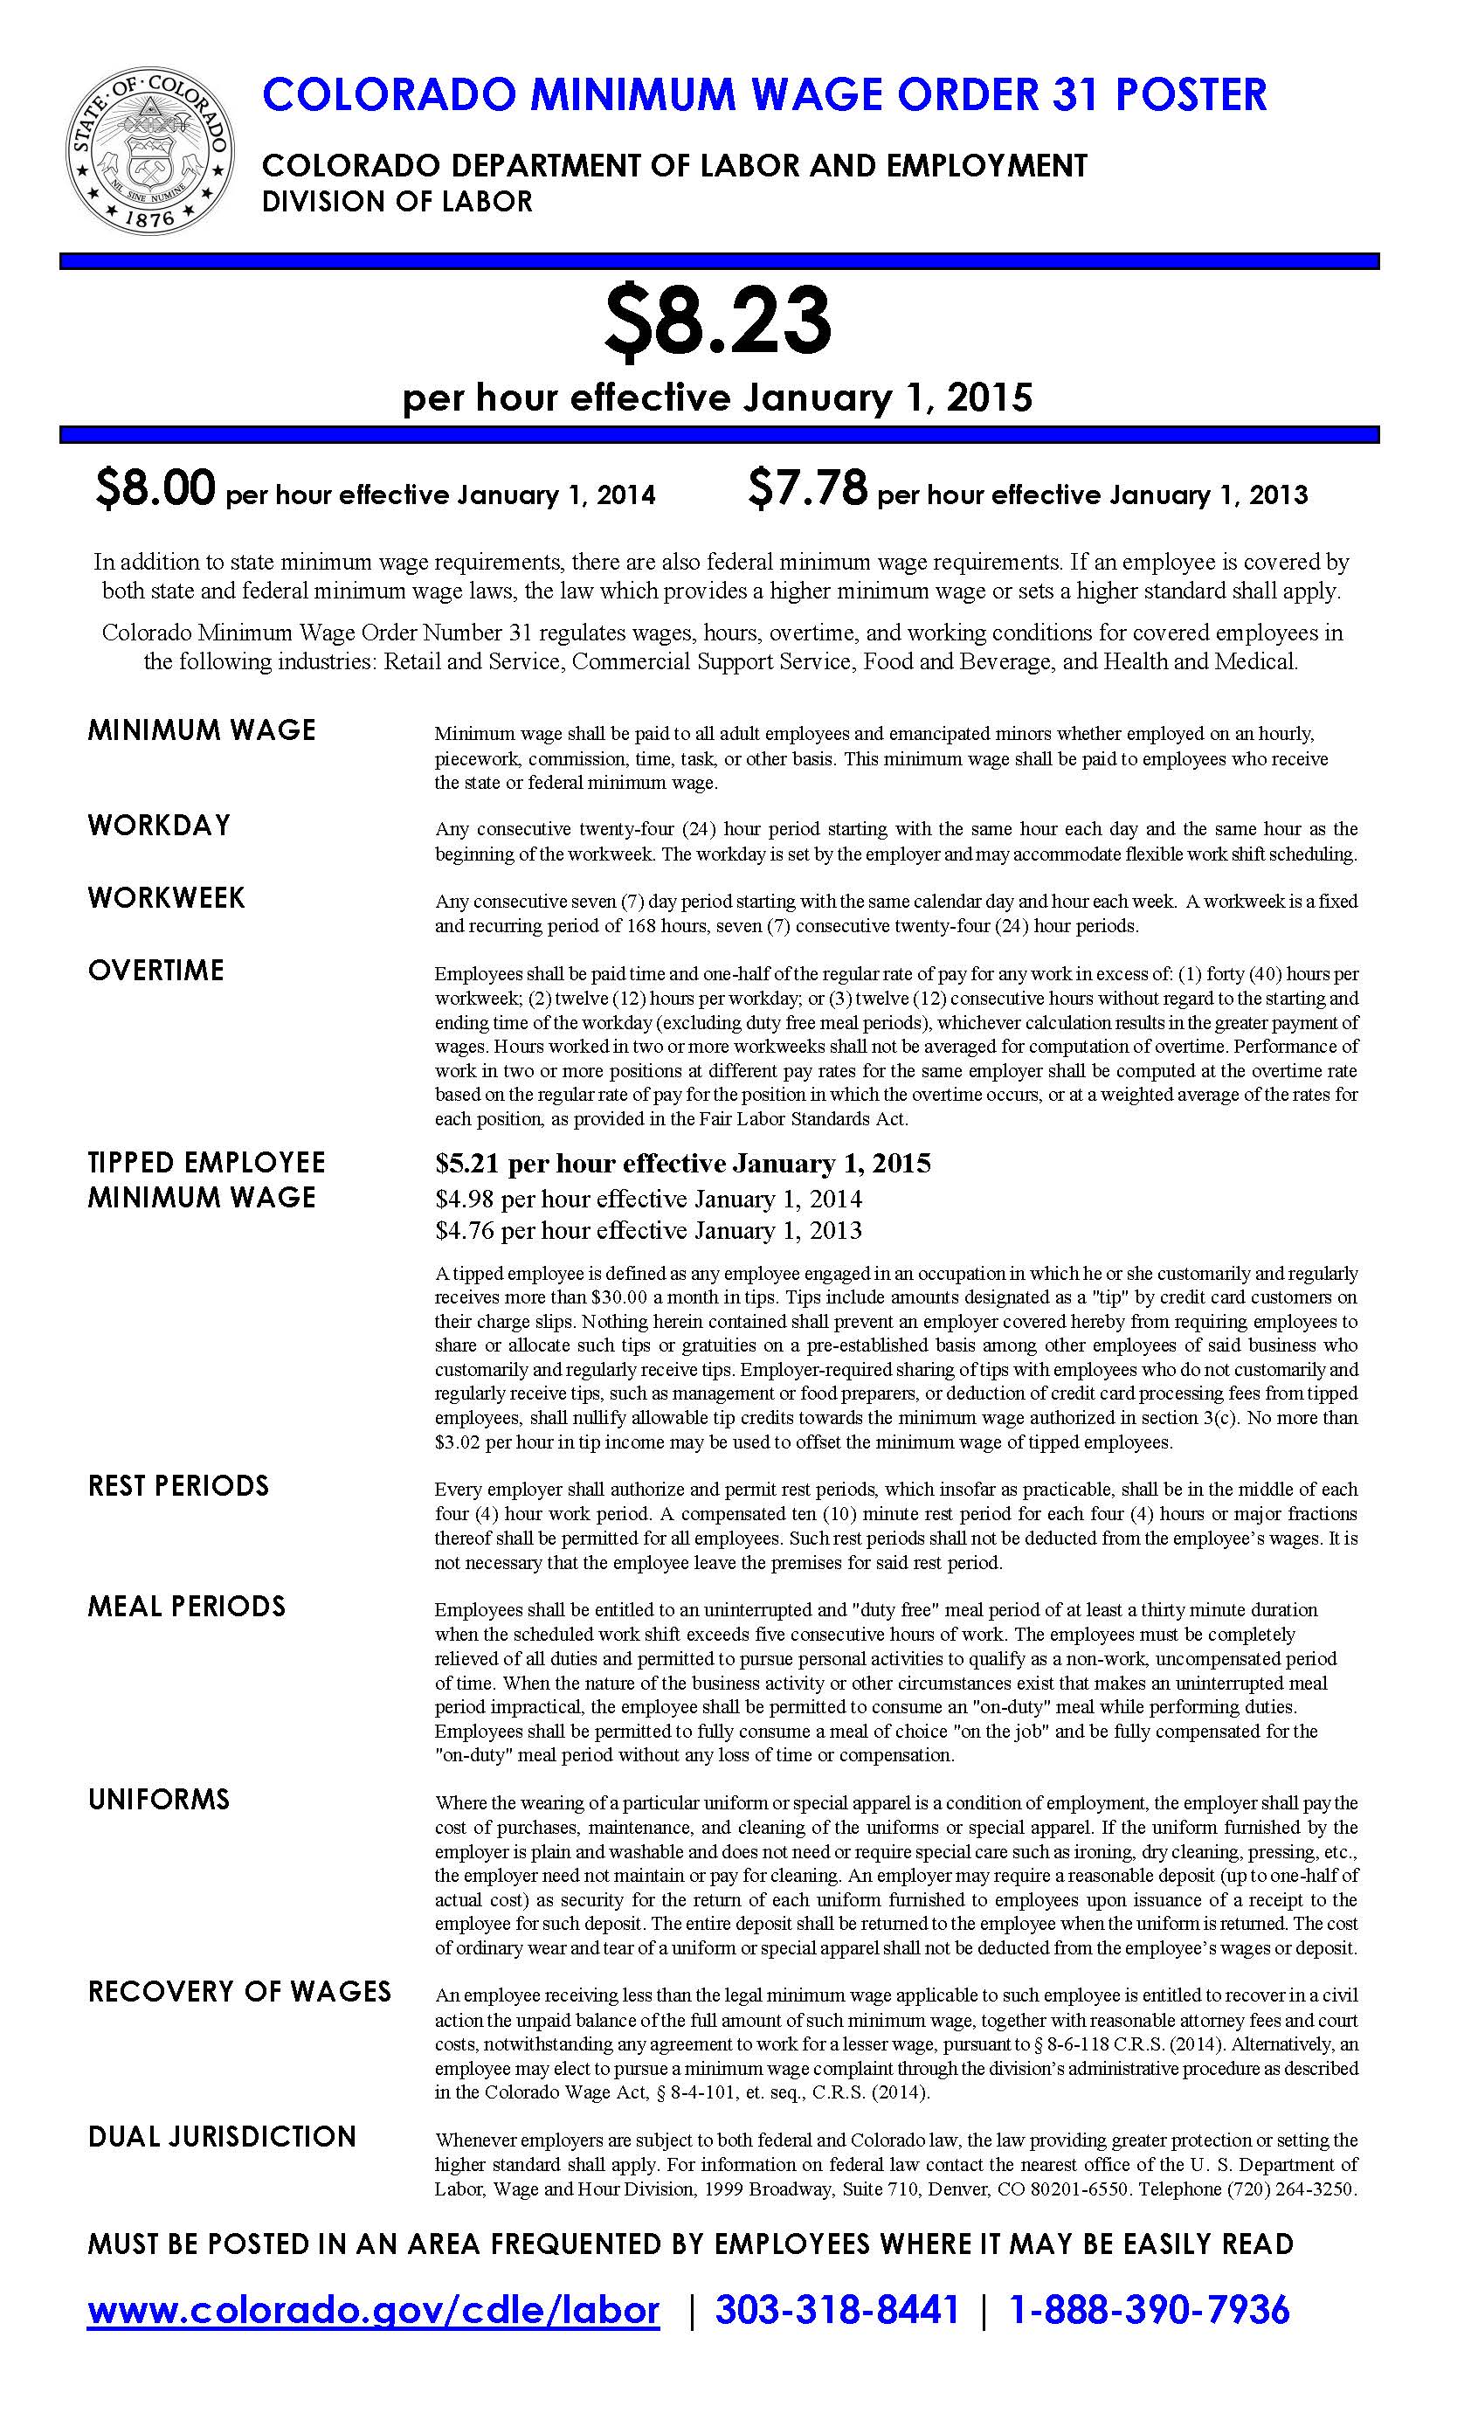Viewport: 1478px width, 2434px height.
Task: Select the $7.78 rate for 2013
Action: click(807, 489)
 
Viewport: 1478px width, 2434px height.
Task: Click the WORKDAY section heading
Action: click(159, 825)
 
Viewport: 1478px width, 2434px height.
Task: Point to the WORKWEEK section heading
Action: click(166, 898)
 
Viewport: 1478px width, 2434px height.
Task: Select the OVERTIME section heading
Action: click(156, 970)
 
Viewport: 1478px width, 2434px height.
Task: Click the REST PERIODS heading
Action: click(178, 1486)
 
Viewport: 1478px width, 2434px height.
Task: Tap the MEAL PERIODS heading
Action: click(187, 1606)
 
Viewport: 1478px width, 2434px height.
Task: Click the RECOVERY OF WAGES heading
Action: click(239, 1990)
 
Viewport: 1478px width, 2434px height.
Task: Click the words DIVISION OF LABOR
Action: click(397, 202)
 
